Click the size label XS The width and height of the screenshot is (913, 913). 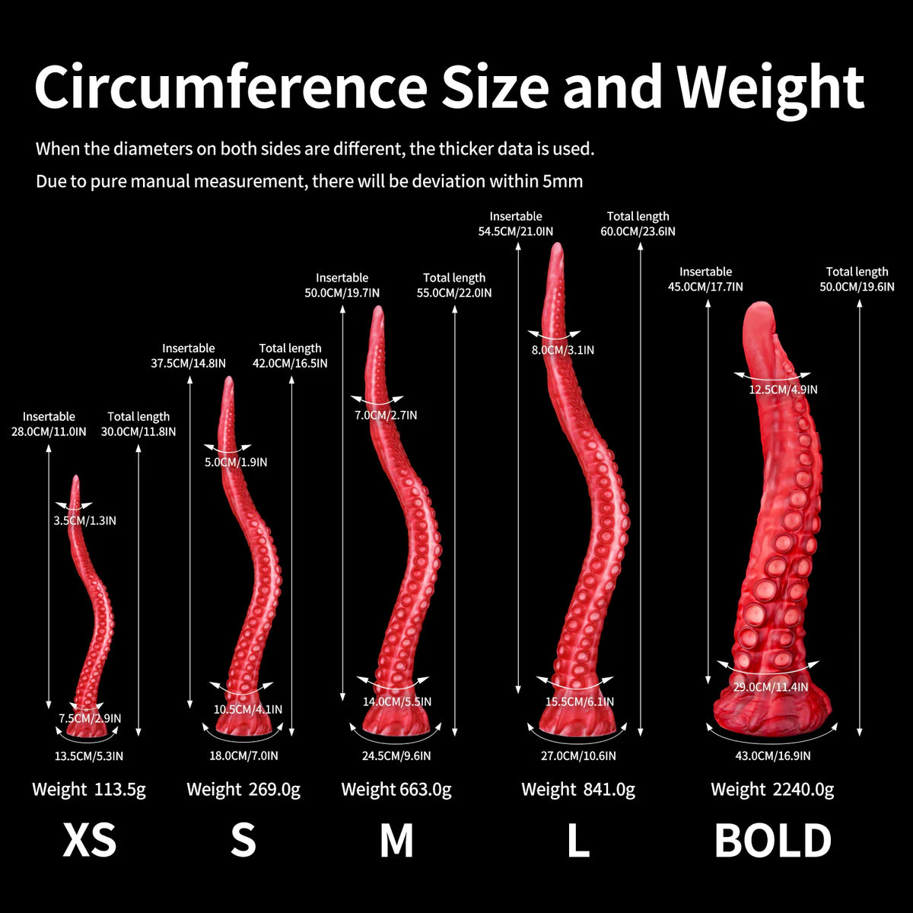(x=90, y=840)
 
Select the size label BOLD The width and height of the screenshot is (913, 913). (x=773, y=840)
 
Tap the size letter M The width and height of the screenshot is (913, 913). (x=396, y=840)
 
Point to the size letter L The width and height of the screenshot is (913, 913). (x=578, y=840)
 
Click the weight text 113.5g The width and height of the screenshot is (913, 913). (x=120, y=789)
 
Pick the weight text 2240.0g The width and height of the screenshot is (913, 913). (x=803, y=789)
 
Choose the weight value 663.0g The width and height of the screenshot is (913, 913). (x=425, y=789)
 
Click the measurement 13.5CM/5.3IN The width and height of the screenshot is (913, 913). (x=88, y=756)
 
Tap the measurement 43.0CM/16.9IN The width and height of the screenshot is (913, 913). (x=773, y=756)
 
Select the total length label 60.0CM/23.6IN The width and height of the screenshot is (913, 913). (x=638, y=232)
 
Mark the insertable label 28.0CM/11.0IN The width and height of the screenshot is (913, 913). (x=49, y=431)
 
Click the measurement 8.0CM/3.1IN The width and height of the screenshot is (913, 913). (x=563, y=350)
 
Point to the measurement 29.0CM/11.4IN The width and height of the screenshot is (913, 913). (x=771, y=687)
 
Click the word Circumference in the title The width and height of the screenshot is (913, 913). (x=231, y=87)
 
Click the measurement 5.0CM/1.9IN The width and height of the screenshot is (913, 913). (x=236, y=462)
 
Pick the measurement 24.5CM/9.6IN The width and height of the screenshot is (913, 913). (x=396, y=756)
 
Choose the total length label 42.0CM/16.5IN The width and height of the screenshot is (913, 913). (x=290, y=364)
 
